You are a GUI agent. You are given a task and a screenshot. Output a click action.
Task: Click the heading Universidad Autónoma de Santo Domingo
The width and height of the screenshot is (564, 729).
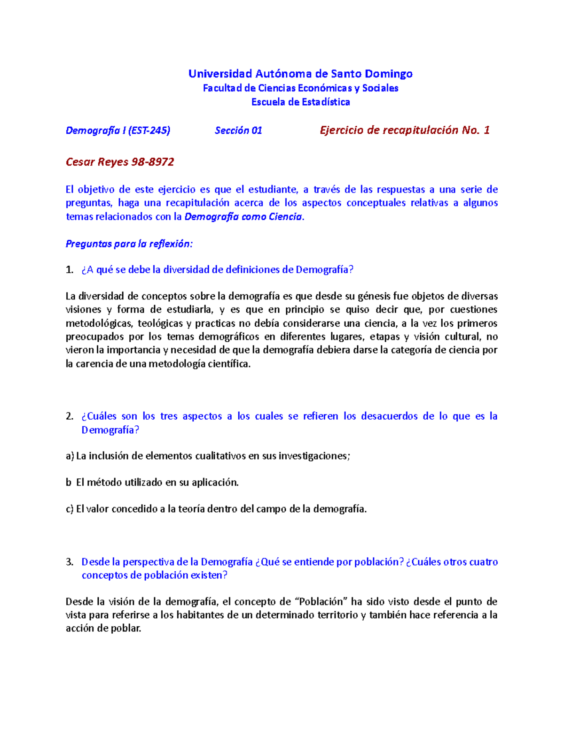click(x=300, y=74)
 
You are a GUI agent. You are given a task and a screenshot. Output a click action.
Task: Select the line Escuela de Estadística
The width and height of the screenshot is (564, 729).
click(x=300, y=102)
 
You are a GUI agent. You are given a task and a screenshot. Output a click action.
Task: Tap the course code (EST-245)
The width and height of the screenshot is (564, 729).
click(x=149, y=130)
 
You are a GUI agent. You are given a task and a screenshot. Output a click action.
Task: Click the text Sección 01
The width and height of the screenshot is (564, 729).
click(x=238, y=130)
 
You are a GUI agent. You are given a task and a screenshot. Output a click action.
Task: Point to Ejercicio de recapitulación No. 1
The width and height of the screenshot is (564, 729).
click(x=405, y=130)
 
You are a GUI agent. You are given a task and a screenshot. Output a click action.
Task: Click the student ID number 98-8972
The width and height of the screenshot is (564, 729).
click(x=153, y=162)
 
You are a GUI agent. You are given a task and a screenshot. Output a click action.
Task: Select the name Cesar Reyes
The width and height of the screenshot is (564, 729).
click(x=97, y=162)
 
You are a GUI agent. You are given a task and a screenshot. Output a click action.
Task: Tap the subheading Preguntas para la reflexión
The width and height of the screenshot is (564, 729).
click(x=129, y=244)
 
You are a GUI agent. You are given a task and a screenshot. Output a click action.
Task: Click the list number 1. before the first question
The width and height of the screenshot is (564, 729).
click(x=70, y=270)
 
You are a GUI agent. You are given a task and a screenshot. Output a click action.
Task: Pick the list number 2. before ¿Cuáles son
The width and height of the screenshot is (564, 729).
click(x=70, y=416)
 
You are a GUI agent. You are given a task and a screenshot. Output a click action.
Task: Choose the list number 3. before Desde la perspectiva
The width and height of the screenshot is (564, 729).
click(x=70, y=562)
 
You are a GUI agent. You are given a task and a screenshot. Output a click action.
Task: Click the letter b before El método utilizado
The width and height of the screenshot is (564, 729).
click(x=69, y=483)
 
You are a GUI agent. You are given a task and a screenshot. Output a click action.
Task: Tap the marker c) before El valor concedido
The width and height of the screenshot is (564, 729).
click(x=70, y=509)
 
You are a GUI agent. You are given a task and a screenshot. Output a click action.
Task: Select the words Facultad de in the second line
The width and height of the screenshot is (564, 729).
click(x=223, y=88)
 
